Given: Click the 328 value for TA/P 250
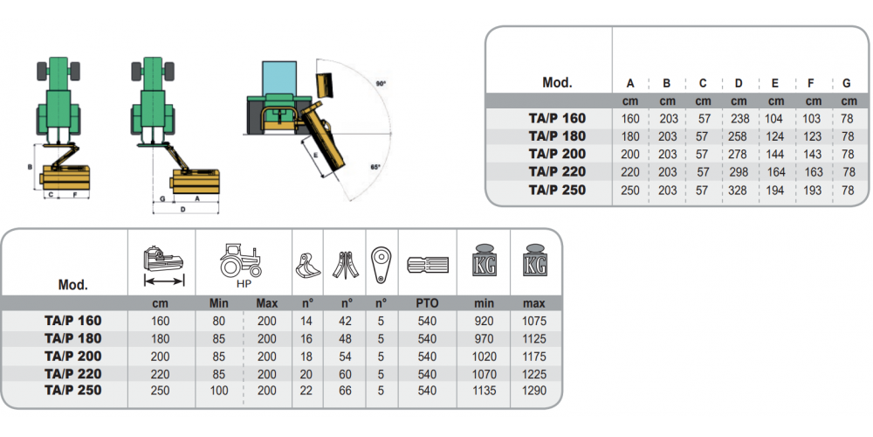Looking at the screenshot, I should pyautogui.click(x=739, y=190).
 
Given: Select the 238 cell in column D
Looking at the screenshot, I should pyautogui.click(x=739, y=118).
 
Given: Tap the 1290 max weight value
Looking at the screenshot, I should pyautogui.click(x=533, y=391).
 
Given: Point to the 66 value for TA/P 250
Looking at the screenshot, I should pyautogui.click(x=345, y=391).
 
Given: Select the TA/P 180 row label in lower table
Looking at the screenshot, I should pyautogui.click(x=73, y=338).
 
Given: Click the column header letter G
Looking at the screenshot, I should pyautogui.click(x=847, y=84).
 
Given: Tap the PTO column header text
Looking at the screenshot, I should pyautogui.click(x=427, y=303).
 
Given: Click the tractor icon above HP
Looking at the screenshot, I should pyautogui.click(x=242, y=260).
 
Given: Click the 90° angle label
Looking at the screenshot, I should pyautogui.click(x=381, y=84).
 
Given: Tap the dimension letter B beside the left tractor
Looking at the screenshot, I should pyautogui.click(x=31, y=166).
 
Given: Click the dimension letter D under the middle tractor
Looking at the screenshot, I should pyautogui.click(x=182, y=210).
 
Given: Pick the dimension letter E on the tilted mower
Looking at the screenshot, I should pyautogui.click(x=315, y=154).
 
